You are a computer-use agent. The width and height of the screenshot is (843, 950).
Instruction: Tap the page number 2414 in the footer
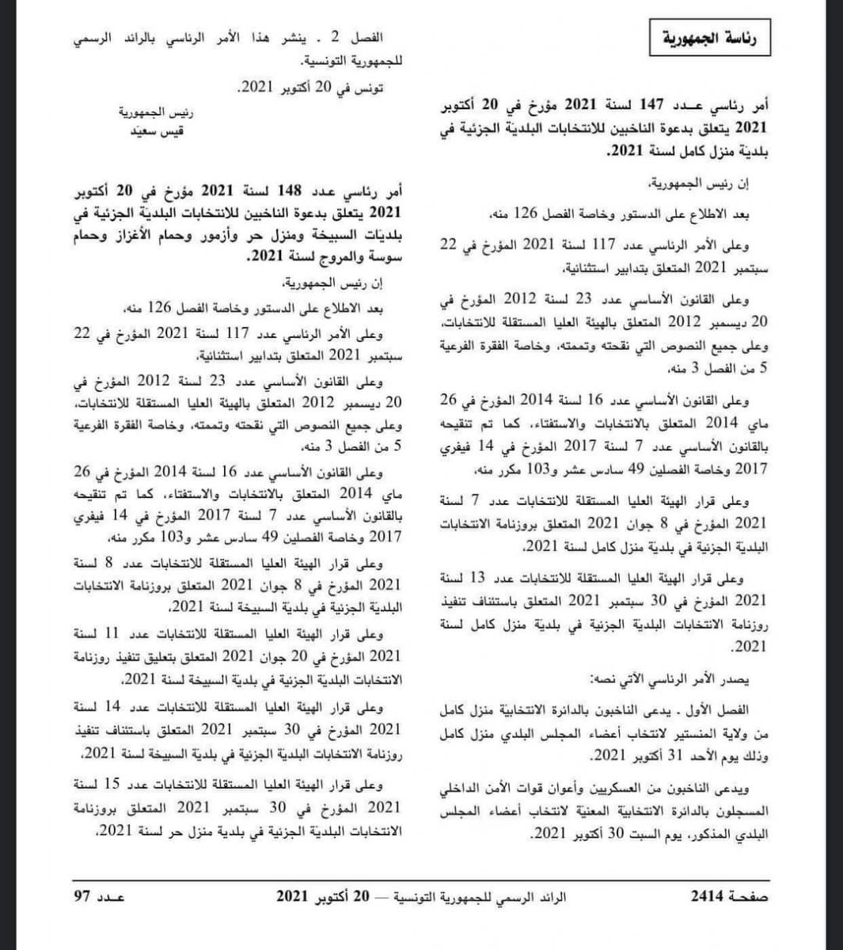pyautogui.click(x=708, y=897)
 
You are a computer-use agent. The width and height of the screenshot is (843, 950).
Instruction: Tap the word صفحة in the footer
pyautogui.click(x=746, y=897)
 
